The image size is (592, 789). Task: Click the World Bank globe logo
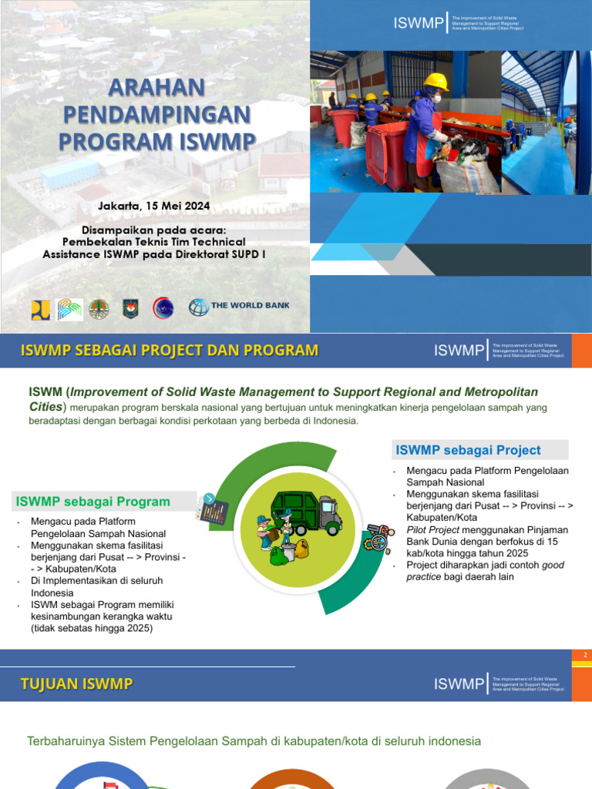pyautogui.click(x=199, y=307)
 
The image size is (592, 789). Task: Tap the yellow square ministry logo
pyautogui.click(x=40, y=309)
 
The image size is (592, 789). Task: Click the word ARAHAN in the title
pyautogui.click(x=156, y=86)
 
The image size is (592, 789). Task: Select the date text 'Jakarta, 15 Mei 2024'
pyautogui.click(x=154, y=206)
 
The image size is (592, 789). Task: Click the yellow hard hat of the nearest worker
pyautogui.click(x=436, y=82)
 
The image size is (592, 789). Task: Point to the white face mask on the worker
pyautogui.click(x=436, y=99)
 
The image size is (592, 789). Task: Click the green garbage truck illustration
pyautogui.click(x=305, y=512)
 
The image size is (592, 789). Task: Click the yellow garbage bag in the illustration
pyautogui.click(x=301, y=549)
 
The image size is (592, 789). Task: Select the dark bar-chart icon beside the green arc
pyautogui.click(x=214, y=511)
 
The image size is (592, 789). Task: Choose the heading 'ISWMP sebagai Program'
pyautogui.click(x=92, y=502)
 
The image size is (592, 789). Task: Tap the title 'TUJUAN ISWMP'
pyautogui.click(x=76, y=683)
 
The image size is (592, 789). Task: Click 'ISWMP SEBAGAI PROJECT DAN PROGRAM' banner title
pyautogui.click(x=169, y=351)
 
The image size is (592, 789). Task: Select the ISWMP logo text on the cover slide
pyautogui.click(x=419, y=24)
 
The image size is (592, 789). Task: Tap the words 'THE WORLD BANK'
pyautogui.click(x=251, y=305)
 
